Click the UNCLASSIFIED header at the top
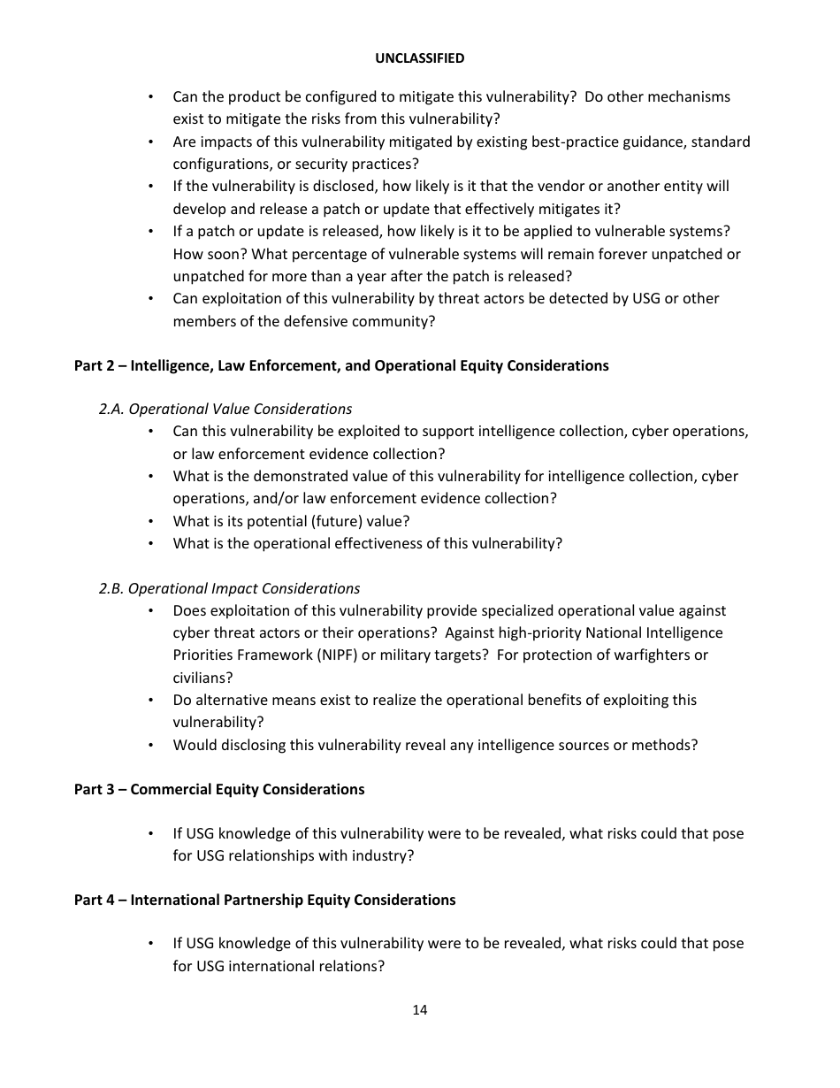point(419,58)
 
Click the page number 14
point(419,1010)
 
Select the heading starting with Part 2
point(341,365)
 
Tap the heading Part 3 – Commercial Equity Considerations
point(219,789)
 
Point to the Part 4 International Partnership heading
point(264,900)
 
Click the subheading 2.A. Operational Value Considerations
point(225,409)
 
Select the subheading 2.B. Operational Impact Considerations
point(229,588)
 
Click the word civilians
point(201,678)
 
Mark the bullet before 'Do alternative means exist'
point(151,700)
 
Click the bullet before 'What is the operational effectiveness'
point(151,543)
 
